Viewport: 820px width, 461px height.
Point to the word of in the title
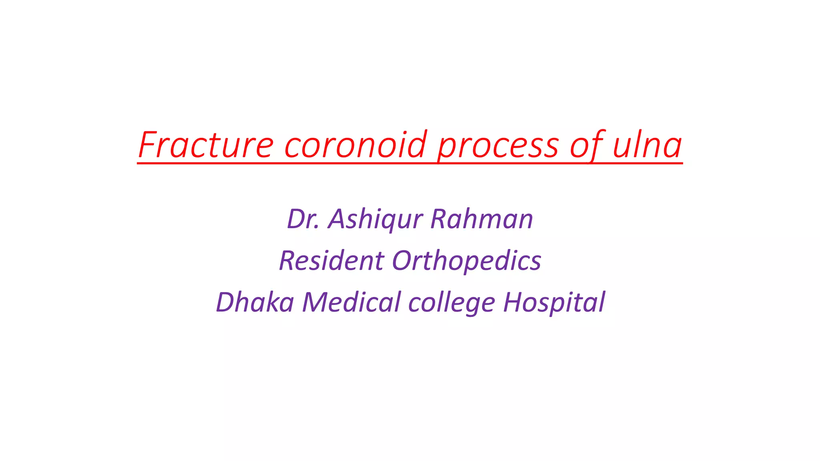tap(586, 145)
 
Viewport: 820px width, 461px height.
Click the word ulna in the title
tap(647, 145)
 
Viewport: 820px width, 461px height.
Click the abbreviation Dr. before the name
tap(303, 219)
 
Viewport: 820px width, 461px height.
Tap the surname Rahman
tap(482, 219)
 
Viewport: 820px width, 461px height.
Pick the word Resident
tap(332, 261)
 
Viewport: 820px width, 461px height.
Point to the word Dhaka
tap(255, 302)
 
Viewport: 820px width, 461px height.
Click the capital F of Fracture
tap(148, 145)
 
